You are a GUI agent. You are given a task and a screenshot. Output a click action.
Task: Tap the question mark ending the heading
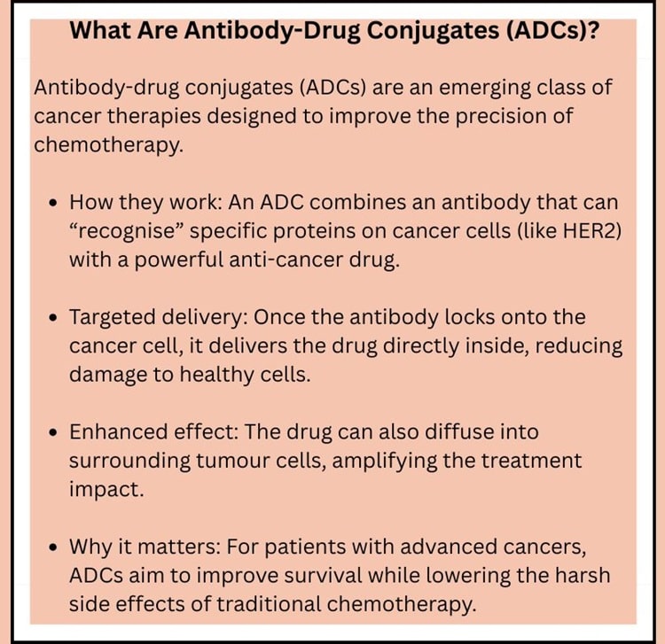point(591,30)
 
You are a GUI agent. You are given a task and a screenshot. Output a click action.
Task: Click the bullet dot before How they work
point(53,203)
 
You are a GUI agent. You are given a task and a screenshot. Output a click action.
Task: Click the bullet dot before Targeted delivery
point(53,318)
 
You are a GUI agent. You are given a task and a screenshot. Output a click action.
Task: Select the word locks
point(470,317)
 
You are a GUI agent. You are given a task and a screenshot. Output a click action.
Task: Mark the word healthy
point(215,375)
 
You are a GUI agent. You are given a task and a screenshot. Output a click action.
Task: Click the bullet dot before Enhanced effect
point(53,432)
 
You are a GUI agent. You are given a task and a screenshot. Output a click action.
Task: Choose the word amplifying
point(385,461)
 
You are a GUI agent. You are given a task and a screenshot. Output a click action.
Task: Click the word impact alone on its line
point(106,490)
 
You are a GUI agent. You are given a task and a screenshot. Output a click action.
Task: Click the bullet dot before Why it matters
point(53,547)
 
